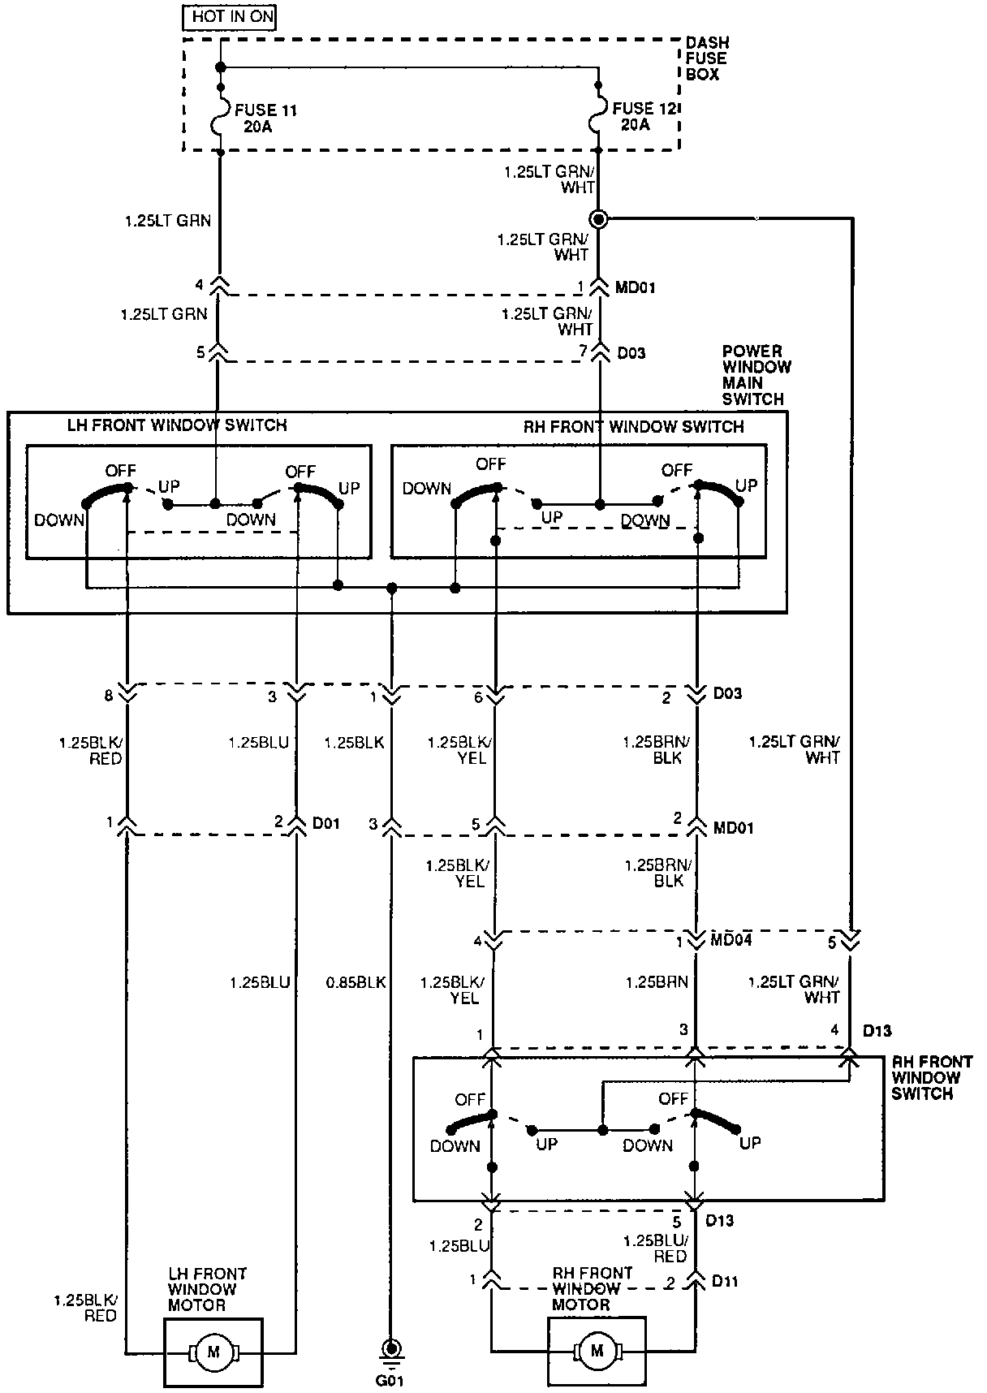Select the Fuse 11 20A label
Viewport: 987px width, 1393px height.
(265, 118)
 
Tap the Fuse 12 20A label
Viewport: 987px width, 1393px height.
(643, 116)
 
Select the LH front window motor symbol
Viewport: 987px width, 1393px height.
(213, 1352)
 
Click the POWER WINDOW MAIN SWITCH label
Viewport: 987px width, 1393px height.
(755, 375)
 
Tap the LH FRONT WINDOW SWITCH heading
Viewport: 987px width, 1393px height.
(177, 425)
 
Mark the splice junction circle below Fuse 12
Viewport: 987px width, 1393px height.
(599, 218)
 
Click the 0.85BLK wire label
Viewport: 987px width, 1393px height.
(356, 982)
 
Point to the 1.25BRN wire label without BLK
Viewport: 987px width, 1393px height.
(657, 982)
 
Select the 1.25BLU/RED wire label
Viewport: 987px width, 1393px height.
(656, 1248)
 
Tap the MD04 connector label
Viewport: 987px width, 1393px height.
(731, 940)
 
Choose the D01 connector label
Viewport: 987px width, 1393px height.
(326, 823)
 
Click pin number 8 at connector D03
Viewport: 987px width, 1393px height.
(108, 696)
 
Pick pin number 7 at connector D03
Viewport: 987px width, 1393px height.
(582, 352)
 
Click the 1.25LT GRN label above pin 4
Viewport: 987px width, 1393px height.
(168, 220)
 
